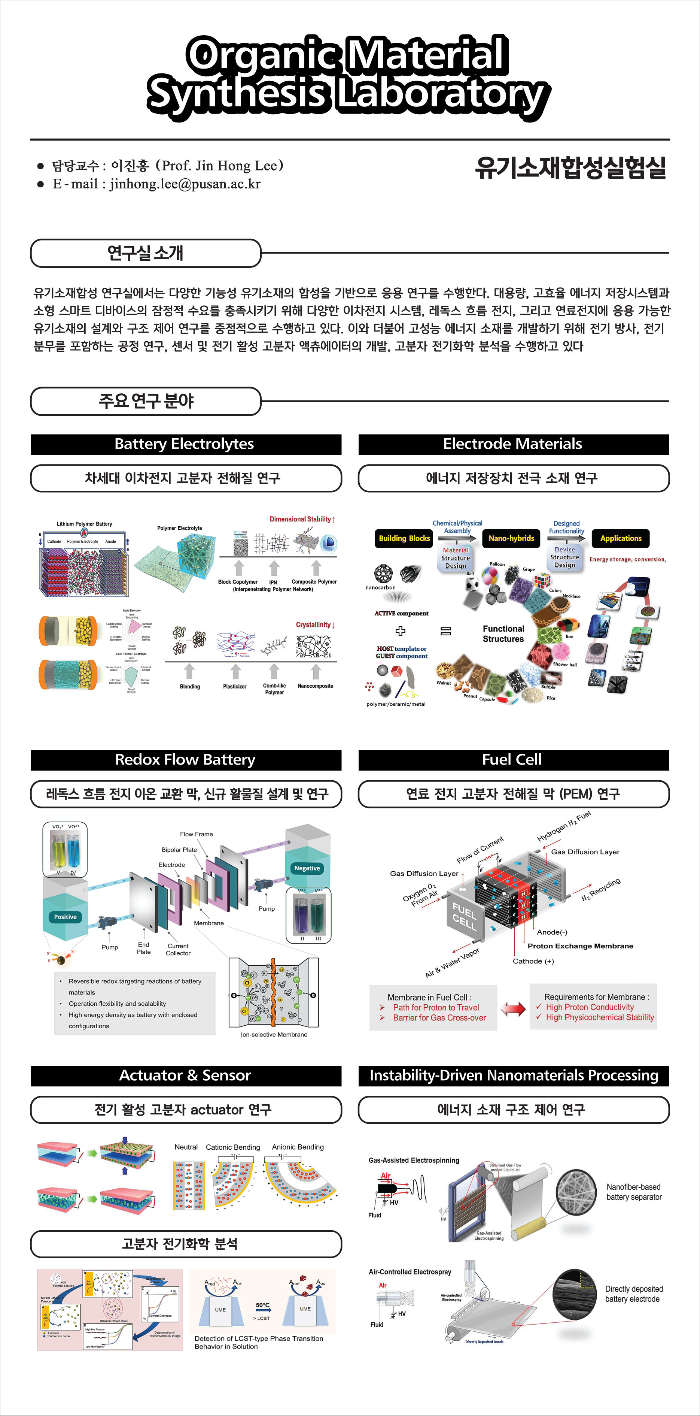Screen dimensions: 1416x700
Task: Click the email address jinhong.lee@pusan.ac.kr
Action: (185, 184)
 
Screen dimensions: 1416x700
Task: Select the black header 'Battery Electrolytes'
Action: (185, 444)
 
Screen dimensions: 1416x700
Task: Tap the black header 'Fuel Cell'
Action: (512, 760)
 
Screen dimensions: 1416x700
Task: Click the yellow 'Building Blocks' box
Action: (404, 538)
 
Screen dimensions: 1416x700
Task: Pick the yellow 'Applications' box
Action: (621, 538)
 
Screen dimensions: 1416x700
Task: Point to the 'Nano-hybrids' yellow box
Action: (511, 538)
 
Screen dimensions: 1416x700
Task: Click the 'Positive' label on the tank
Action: (66, 917)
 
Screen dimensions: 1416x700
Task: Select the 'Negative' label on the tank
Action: (307, 868)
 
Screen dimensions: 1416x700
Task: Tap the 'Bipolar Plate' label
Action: (179, 850)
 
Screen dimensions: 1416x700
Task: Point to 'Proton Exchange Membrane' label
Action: (580, 946)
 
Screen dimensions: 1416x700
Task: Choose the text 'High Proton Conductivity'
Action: (590, 1007)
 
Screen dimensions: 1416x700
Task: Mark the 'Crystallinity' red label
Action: (315, 625)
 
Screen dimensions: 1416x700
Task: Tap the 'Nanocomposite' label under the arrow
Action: (316, 686)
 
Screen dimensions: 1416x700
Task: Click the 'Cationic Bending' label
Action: (233, 1147)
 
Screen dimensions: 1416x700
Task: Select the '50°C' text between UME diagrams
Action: (263, 1305)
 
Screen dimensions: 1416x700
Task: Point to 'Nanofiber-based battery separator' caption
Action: (634, 1192)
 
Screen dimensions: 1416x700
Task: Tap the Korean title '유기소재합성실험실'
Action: (570, 168)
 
